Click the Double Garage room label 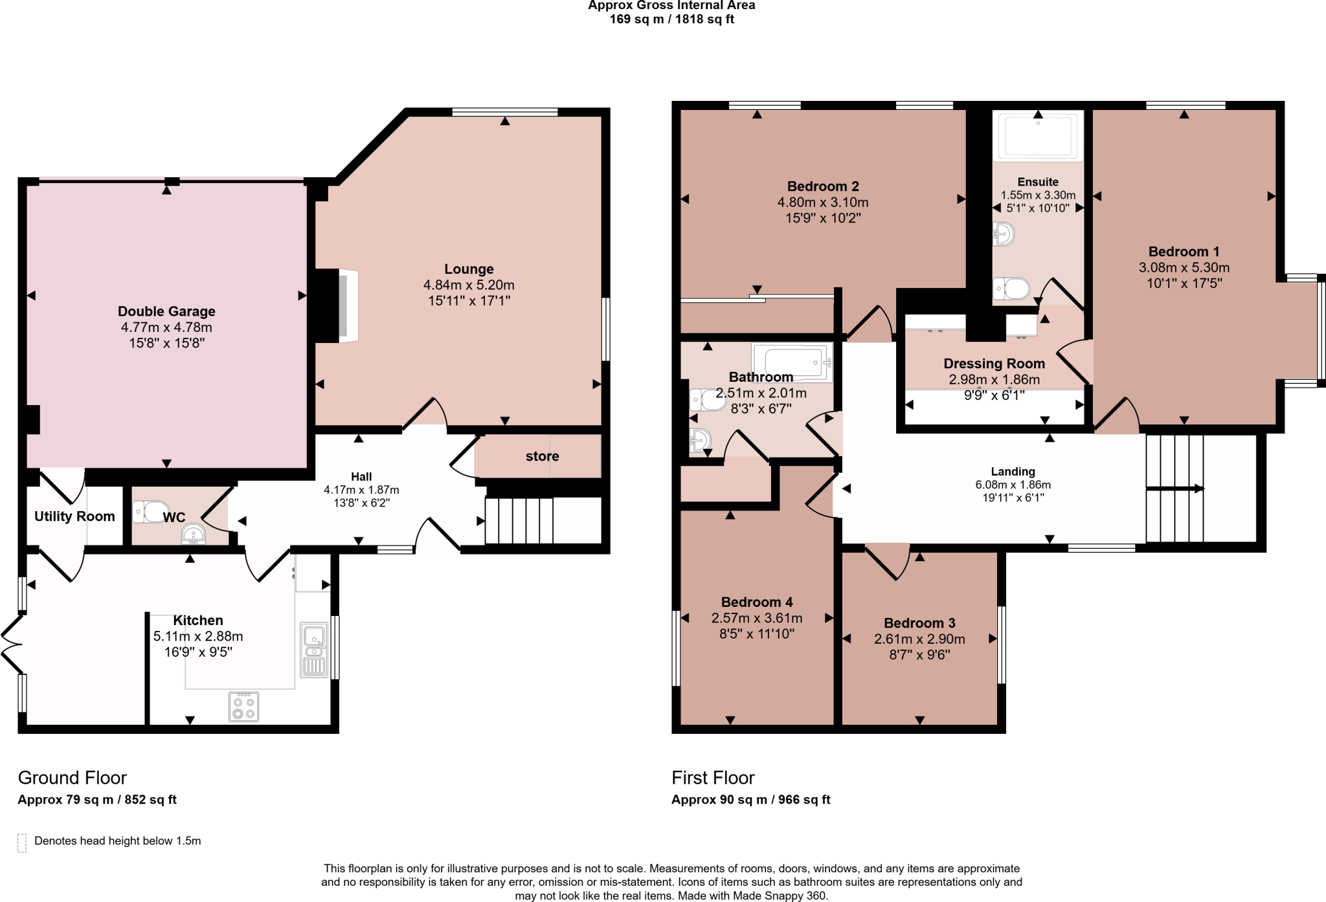pos(166,311)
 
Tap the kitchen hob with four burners pos(244,707)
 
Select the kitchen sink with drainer pos(314,650)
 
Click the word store pos(542,456)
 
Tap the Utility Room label pos(74,516)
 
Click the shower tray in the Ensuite pos(1038,135)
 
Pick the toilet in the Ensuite pos(1012,289)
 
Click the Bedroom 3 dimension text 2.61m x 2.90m pos(919,639)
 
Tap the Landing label pos(1013,472)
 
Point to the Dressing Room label pos(994,364)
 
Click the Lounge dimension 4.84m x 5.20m pos(469,285)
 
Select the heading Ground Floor pos(72,778)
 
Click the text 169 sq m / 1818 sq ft pos(671,19)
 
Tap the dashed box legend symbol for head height pos(22,842)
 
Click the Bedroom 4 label pos(756,602)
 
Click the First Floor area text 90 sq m pos(750,800)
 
